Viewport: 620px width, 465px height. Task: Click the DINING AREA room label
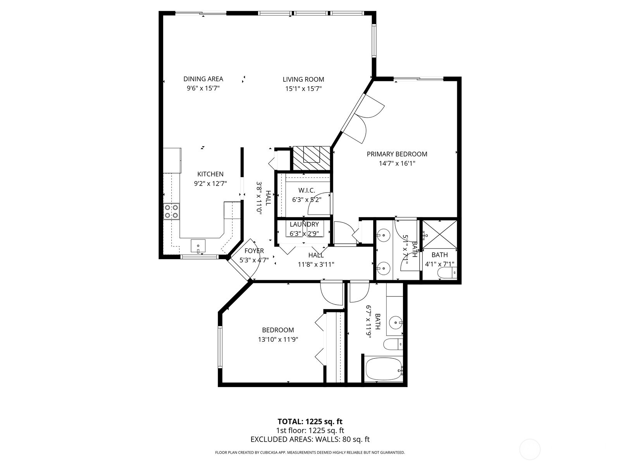coord(203,79)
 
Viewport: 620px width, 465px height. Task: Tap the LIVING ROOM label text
coord(303,79)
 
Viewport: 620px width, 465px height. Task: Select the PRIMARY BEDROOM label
coord(397,154)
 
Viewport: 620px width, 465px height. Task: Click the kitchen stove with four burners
coord(171,211)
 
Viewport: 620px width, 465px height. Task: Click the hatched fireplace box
coord(311,158)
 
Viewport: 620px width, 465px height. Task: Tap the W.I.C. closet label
coord(307,190)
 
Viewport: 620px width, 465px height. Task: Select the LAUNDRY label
coord(304,224)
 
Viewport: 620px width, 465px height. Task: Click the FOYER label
coord(254,251)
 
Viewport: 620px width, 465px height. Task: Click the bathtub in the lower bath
coord(384,369)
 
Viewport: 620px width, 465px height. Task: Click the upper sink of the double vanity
coord(384,234)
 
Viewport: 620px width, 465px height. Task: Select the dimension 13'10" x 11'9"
coord(278,339)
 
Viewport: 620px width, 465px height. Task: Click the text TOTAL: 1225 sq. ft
coord(310,422)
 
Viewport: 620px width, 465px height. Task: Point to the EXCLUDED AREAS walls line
coord(310,439)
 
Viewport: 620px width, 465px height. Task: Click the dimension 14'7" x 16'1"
coord(397,164)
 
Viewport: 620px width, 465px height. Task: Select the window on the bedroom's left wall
coord(220,347)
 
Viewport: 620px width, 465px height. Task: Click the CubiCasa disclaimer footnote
coord(310,452)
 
